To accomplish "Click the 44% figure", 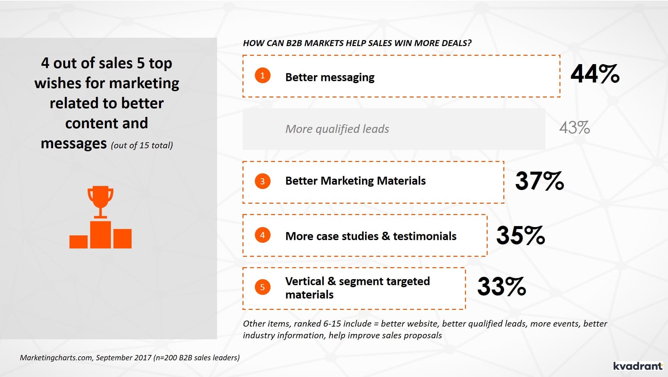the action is (x=595, y=74).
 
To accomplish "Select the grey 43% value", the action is (x=575, y=128).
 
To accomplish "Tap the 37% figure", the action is (x=540, y=181).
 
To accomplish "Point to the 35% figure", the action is (x=521, y=235).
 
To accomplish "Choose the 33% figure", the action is (x=502, y=287).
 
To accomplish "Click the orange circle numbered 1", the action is (x=263, y=75).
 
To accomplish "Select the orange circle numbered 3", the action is (x=263, y=181).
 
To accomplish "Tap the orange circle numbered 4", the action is (x=263, y=235).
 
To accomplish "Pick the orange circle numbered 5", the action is (x=263, y=287).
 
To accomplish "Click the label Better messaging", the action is (x=330, y=77).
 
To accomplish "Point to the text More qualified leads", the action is (x=337, y=129).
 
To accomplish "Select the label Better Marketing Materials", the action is (x=356, y=181).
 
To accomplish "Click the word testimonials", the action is (x=425, y=236).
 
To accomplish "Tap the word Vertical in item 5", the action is (x=305, y=281).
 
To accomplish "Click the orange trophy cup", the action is (x=100, y=202).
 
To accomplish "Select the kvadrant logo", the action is (x=638, y=366).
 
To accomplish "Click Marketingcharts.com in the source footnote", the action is (x=56, y=358).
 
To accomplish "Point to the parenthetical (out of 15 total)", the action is (x=142, y=145).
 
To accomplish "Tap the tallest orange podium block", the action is (x=101, y=235).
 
